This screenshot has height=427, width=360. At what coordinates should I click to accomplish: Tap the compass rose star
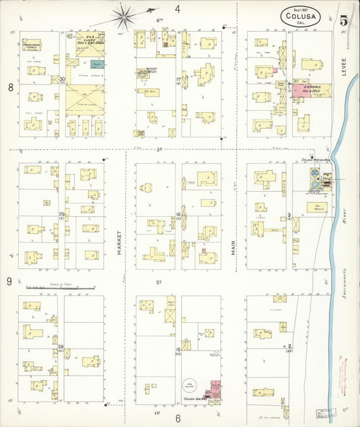[123, 13]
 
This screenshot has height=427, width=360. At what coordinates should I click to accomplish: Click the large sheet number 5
[344, 20]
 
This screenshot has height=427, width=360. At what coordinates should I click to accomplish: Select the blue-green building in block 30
[97, 64]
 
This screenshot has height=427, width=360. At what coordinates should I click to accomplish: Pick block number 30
[62, 80]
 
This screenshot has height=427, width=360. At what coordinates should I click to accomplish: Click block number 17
[178, 80]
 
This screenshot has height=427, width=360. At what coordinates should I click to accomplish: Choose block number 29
[61, 215]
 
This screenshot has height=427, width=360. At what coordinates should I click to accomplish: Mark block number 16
[178, 216]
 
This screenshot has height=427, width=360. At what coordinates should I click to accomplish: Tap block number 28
[61, 347]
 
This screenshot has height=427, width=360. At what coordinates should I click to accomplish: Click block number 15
[178, 349]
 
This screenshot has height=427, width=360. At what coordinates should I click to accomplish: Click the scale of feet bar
[60, 288]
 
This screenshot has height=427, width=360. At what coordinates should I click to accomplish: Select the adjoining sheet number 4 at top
[178, 9]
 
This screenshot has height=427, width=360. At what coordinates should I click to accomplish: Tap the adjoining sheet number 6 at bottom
[178, 418]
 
